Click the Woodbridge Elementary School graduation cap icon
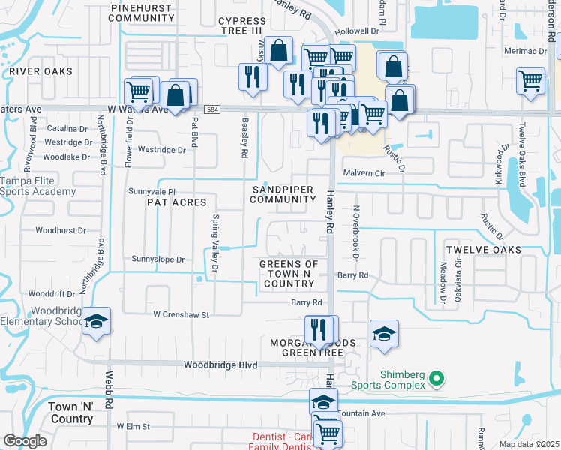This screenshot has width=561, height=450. (96, 321)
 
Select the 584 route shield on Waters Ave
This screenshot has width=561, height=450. (214, 109)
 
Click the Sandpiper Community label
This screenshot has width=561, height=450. (283, 195)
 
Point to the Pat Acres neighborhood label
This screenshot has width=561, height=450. (176, 202)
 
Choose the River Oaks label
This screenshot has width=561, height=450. (41, 71)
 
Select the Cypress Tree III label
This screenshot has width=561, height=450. (242, 26)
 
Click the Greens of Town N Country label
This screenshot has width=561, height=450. (289, 274)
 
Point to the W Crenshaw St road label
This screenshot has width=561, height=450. (181, 315)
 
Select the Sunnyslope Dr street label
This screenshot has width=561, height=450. (157, 259)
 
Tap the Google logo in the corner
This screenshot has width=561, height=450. (25, 441)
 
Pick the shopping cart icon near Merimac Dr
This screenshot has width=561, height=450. (530, 79)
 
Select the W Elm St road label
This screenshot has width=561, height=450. (133, 426)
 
